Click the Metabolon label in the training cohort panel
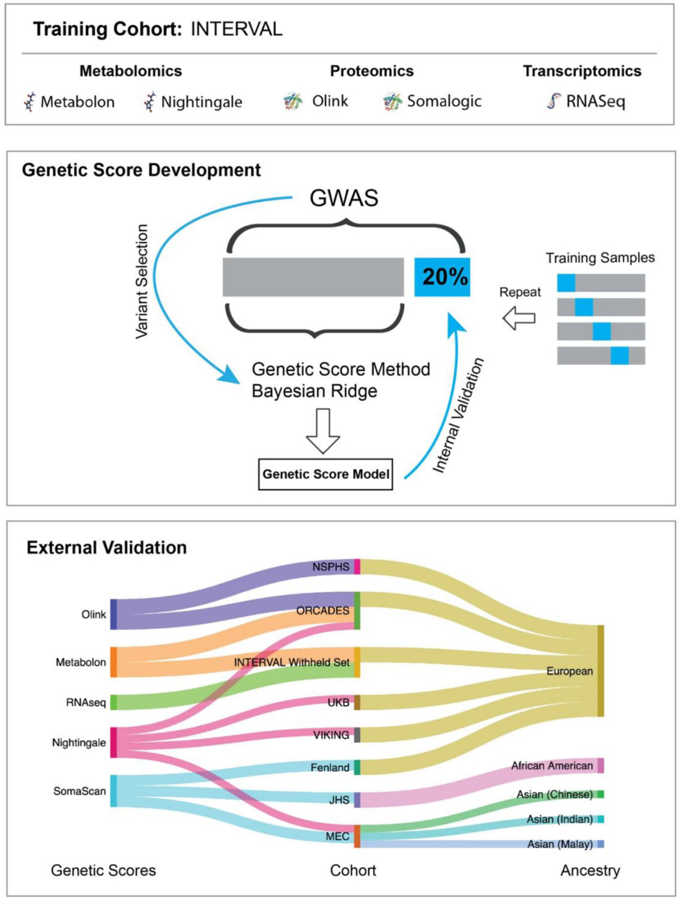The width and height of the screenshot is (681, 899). coord(77,102)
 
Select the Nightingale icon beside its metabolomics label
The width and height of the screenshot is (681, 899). coord(150,102)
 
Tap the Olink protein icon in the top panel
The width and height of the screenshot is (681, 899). coord(293,101)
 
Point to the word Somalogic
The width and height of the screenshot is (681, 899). coord(444,101)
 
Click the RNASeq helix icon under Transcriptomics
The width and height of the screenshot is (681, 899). coord(554,101)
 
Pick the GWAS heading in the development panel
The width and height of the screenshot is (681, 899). coord(344,198)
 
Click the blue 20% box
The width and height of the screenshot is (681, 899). coord(443,277)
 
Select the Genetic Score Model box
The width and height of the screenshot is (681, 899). coord(325,474)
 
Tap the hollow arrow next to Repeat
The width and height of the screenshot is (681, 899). coord(519,318)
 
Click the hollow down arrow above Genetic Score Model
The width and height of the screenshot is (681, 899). coord(323,431)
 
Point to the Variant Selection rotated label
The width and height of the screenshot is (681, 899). coord(142,281)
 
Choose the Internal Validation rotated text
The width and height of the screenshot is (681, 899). coord(459,416)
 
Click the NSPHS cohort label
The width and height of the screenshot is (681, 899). coord(330,567)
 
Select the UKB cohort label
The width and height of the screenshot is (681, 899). coord(338,703)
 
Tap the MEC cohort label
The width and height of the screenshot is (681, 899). coord(337,837)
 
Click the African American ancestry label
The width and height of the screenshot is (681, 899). coord(551,766)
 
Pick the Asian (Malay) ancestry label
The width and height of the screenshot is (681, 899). coord(560,844)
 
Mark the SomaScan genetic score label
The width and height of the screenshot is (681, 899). coord(79,792)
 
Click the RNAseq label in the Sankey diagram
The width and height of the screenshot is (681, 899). coord(86,703)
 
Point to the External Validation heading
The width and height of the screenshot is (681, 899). coord(107,548)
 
